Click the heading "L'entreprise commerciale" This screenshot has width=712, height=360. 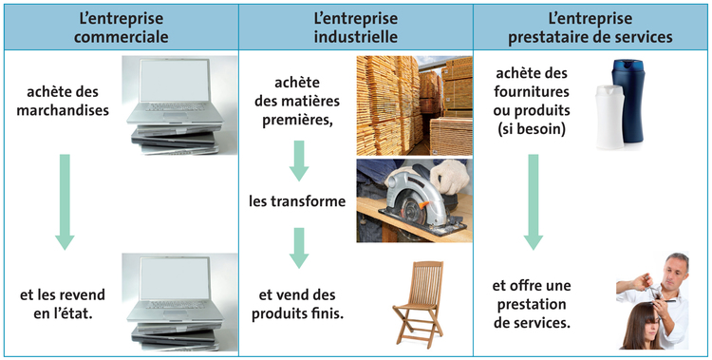[121, 28]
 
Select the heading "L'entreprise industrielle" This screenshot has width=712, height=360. [356, 28]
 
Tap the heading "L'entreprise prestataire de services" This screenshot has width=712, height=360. [590, 28]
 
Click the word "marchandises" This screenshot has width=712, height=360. [63, 110]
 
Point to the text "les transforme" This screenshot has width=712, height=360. [297, 201]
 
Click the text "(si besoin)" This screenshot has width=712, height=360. [532, 130]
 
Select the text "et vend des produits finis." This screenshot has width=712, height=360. [297, 304]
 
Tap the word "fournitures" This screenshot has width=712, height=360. [532, 91]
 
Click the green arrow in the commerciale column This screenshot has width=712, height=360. [65, 201]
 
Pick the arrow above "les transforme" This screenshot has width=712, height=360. [299, 161]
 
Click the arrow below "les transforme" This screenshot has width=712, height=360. [299, 248]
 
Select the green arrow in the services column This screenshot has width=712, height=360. [534, 201]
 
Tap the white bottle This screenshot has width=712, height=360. [609, 117]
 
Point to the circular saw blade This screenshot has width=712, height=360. [411, 204]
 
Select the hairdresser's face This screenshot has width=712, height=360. [675, 272]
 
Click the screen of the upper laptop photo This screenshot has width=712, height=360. [175, 82]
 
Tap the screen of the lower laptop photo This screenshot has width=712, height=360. [175, 279]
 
